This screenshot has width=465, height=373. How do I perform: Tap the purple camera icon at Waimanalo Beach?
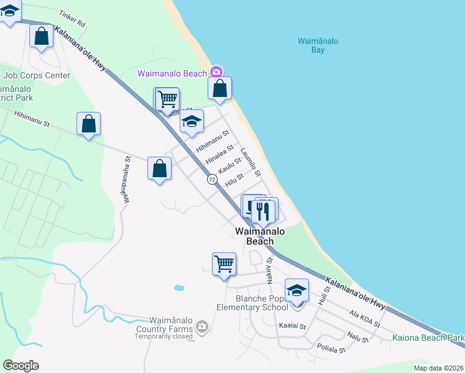216,72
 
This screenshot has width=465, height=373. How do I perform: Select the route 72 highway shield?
212,179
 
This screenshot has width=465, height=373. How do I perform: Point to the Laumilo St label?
251,161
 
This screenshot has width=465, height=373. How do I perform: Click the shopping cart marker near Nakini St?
224,264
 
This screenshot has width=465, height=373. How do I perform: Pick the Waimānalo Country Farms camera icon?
201,326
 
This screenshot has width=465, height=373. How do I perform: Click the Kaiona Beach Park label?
428,338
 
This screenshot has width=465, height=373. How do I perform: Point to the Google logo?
21,365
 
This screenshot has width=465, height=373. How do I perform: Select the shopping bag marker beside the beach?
219,89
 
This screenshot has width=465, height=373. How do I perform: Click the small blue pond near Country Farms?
180,288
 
